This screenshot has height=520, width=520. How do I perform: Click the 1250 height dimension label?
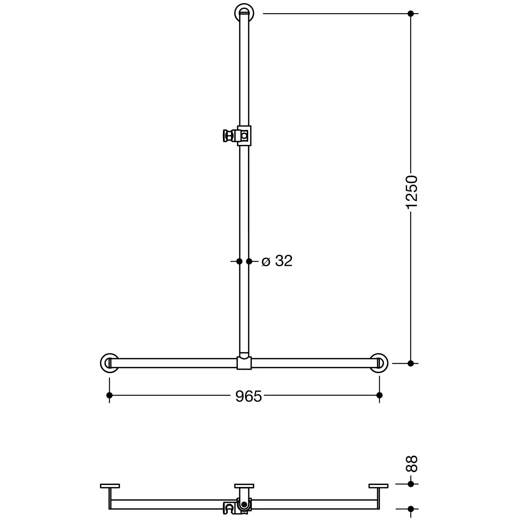tap(411, 192)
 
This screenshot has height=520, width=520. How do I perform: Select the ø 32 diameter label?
tap(277, 261)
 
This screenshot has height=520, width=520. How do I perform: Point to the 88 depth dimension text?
tap(411, 464)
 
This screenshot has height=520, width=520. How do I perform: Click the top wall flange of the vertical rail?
tap(244, 13)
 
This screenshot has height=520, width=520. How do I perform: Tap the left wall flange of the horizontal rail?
tap(109, 363)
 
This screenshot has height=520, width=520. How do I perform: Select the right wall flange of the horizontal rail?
tap(379, 363)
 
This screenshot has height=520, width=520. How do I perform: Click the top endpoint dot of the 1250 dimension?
tap(411, 14)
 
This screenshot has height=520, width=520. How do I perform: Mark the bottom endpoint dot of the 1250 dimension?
tap(411, 363)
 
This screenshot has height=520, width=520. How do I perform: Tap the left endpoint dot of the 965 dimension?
tap(110, 395)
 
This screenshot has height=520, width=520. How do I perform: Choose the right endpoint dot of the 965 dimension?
tap(379, 395)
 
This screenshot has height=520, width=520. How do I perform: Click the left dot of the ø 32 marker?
tap(239, 261)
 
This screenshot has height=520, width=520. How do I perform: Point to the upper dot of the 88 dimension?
tap(411, 484)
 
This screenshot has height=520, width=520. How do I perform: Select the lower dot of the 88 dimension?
tap(411, 509)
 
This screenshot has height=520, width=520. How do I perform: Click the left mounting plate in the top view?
tap(110, 486)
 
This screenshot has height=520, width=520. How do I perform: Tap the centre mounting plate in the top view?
tap(244, 486)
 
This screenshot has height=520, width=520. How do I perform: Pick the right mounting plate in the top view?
tap(379, 486)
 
